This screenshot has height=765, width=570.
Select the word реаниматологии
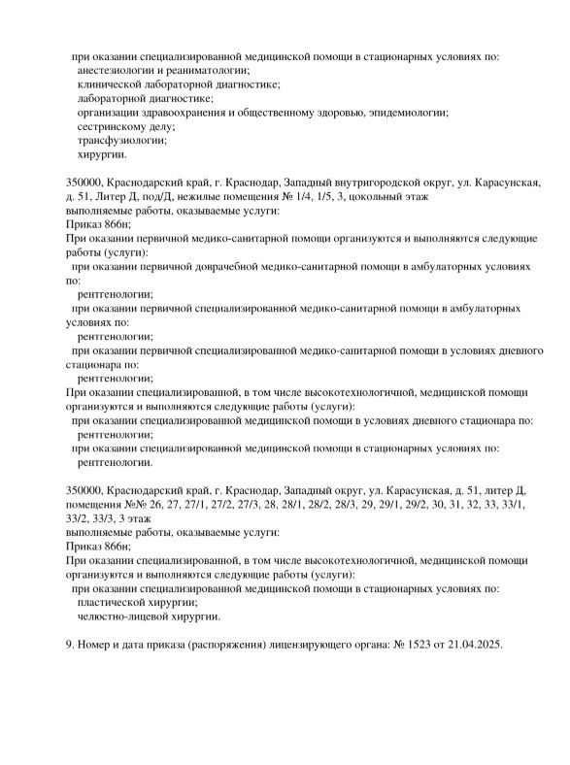(x=208, y=70)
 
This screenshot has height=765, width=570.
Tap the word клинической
(x=112, y=84)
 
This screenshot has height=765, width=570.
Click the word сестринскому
(x=116, y=126)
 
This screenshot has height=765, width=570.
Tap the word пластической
(x=115, y=602)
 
